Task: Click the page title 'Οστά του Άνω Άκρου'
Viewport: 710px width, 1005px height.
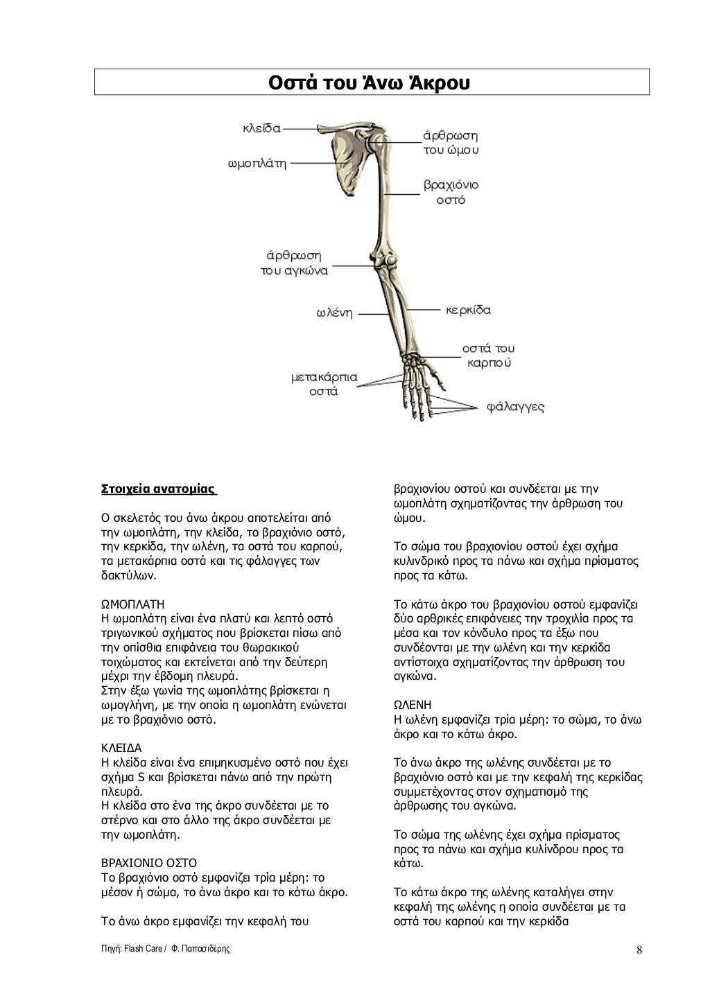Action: click(x=372, y=82)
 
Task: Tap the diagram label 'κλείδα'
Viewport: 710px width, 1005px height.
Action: click(x=261, y=128)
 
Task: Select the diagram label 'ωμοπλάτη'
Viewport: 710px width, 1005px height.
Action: click(x=257, y=164)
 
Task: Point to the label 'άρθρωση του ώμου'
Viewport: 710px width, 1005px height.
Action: click(x=451, y=143)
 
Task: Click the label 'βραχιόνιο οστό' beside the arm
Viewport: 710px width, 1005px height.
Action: click(x=451, y=193)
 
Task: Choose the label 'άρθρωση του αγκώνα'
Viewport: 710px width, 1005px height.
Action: click(x=295, y=263)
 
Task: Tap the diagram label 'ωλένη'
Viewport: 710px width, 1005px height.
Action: click(x=335, y=313)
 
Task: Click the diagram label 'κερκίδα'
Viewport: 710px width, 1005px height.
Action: click(x=468, y=310)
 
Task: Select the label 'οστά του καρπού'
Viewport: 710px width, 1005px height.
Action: click(x=488, y=355)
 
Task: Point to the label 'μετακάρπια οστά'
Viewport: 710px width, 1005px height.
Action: click(x=324, y=384)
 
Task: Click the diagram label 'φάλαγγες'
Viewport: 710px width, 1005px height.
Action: click(x=516, y=407)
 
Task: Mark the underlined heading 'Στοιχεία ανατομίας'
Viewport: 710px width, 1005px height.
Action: click(x=158, y=489)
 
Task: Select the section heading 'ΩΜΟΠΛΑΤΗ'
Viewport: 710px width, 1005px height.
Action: click(x=133, y=604)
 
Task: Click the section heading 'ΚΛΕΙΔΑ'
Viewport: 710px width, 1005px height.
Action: click(x=121, y=749)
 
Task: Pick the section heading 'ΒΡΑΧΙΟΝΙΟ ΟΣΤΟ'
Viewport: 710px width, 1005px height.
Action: click(x=149, y=864)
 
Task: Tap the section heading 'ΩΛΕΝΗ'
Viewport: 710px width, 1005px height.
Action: click(x=412, y=705)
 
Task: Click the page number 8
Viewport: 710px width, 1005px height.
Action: click(x=639, y=950)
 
